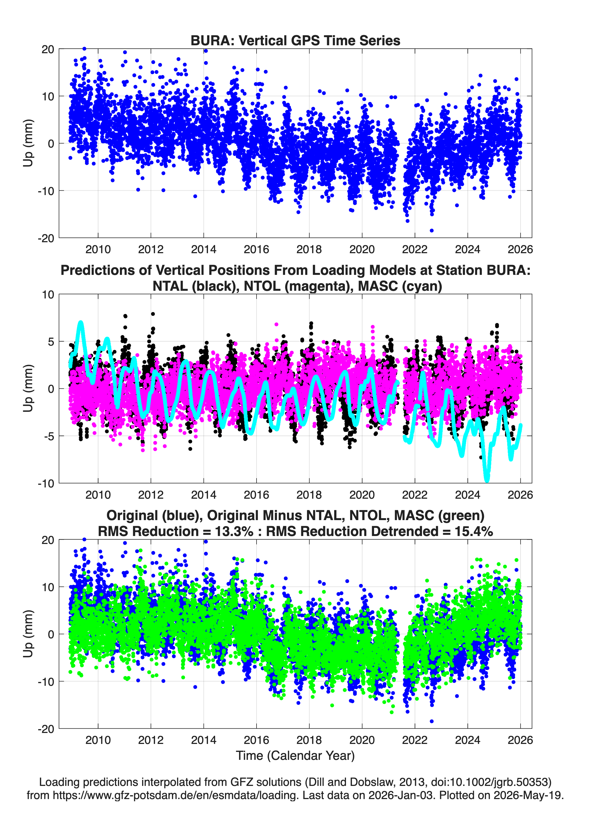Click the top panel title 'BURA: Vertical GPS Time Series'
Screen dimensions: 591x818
295,40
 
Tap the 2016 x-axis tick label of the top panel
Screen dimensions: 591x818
256,249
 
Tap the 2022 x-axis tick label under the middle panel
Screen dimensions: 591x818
415,495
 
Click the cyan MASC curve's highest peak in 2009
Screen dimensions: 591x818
81,322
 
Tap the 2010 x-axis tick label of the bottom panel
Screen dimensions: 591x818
98,740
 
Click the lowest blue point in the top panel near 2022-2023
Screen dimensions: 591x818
432,230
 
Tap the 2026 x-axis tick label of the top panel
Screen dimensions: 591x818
520,249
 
